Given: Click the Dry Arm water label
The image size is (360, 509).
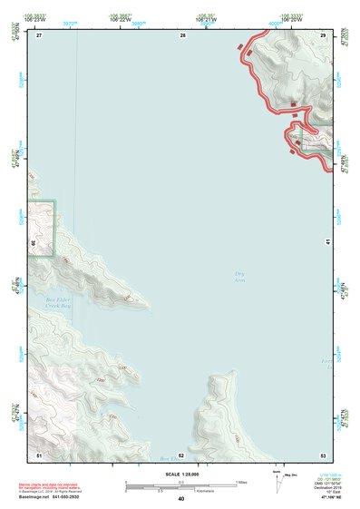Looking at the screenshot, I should pos(240,276).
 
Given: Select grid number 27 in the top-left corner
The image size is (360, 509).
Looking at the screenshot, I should pos(39,35).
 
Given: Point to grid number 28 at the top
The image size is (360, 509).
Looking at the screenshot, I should pos(182,35).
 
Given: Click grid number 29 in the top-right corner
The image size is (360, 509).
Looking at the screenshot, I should pos(323,35).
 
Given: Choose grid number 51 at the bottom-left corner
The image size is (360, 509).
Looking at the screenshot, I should pos(39,455).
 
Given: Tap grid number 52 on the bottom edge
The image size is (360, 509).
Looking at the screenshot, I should pos(181,455).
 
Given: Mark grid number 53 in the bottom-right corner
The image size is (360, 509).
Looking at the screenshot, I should pos(323,455).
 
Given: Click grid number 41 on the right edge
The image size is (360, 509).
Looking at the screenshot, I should pos(326,242).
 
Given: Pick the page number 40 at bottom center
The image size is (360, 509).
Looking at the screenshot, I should pos(181,499).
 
